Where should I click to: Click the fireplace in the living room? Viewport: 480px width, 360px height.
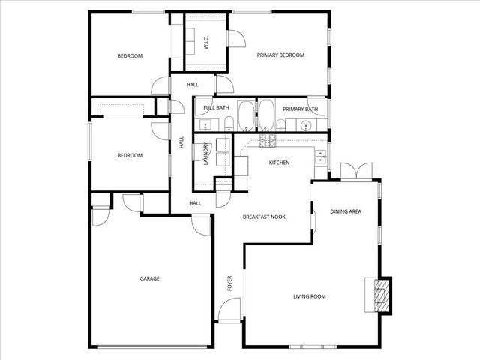tap(382, 294)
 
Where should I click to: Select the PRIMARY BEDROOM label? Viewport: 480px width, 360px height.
tap(280, 55)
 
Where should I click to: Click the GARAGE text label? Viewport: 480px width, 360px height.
tap(149, 279)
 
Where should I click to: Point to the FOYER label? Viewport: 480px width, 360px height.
tap(230, 283)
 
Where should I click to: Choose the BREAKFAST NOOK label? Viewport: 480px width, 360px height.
tap(263, 217)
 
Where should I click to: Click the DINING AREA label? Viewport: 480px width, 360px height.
tap(346, 211)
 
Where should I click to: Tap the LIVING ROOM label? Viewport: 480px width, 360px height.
tap(309, 297)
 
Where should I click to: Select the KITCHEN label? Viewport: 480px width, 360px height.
tap(279, 163)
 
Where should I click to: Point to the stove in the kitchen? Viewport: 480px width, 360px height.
tap(268, 140)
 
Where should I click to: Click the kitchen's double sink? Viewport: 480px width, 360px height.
tap(321, 156)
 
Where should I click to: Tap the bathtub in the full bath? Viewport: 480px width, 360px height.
tap(245, 116)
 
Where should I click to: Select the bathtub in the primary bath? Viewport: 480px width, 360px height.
tap(265, 116)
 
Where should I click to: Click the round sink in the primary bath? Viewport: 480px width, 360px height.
tap(306, 124)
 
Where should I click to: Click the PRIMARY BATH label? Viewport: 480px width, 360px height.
tap(300, 109)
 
